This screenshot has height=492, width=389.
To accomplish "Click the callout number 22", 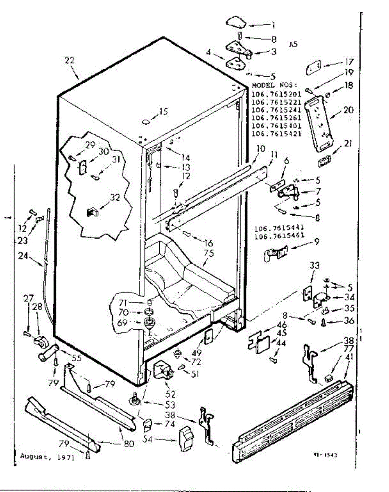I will (x=69, y=60).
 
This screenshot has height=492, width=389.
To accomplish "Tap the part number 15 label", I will (x=163, y=111).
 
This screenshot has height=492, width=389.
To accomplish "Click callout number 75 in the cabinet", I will (x=209, y=253).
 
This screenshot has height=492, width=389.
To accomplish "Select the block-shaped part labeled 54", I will (x=185, y=440).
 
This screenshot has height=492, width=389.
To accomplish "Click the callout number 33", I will (x=314, y=265).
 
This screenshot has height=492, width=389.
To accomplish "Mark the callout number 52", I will (x=170, y=394).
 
